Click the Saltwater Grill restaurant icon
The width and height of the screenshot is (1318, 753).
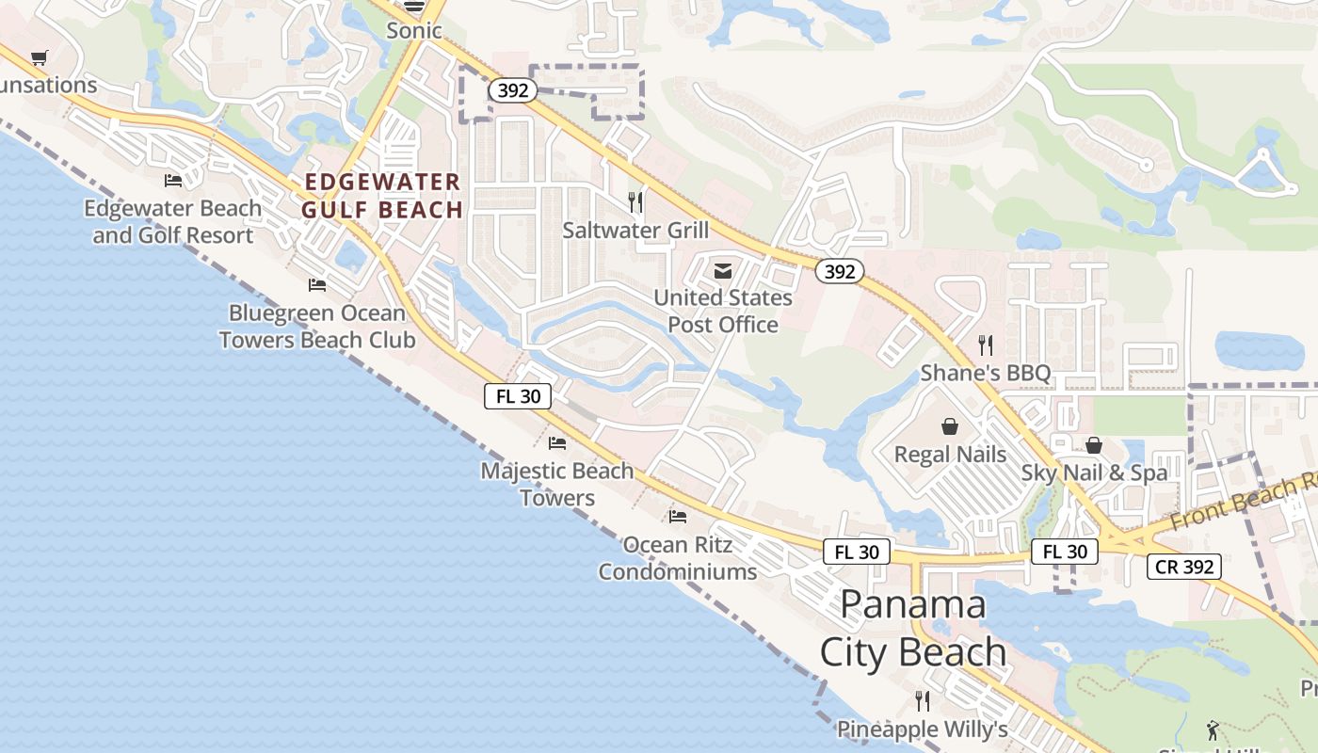click(636, 201)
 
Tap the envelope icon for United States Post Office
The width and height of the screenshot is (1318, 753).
click(722, 271)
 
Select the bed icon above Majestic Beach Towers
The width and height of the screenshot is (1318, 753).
click(557, 442)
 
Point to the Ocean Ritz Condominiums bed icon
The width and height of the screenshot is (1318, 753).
click(677, 516)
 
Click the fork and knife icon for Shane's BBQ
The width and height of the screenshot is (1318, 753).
click(985, 344)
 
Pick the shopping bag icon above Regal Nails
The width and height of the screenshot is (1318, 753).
click(950, 426)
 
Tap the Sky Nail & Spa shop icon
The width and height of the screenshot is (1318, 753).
click(1094, 445)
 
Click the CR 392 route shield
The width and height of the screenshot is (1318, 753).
click(1184, 567)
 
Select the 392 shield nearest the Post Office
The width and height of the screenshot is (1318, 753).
click(838, 271)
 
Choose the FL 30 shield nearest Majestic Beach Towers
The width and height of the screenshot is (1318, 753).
click(518, 395)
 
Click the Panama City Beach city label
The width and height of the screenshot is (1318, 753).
click(912, 628)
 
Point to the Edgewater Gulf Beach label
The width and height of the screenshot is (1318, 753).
click(382, 196)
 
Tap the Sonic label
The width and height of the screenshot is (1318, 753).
click(414, 30)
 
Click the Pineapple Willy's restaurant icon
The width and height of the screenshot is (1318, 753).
click(923, 701)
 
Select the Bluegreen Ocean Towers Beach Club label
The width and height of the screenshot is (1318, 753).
click(317, 327)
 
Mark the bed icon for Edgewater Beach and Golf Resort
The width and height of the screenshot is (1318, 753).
click(173, 180)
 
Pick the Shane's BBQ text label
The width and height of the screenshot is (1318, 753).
click(985, 373)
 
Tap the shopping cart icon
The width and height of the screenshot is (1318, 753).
click(39, 58)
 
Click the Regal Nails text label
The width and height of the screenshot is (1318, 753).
click(950, 455)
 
